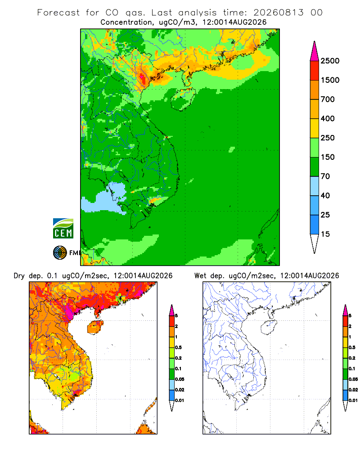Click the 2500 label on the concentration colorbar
[330, 61]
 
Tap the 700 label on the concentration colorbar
[328, 99]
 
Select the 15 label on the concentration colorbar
[325, 234]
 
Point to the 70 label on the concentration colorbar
[325, 176]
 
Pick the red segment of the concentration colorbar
[315, 71]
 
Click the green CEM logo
[63, 229]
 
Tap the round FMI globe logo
[60, 253]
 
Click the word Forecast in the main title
[58, 13]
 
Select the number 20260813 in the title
[278, 13]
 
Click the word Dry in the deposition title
[19, 276]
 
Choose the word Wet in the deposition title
[200, 276]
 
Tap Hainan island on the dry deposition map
[95, 328]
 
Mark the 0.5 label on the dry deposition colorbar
[178, 347]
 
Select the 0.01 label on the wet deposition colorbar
[353, 400]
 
